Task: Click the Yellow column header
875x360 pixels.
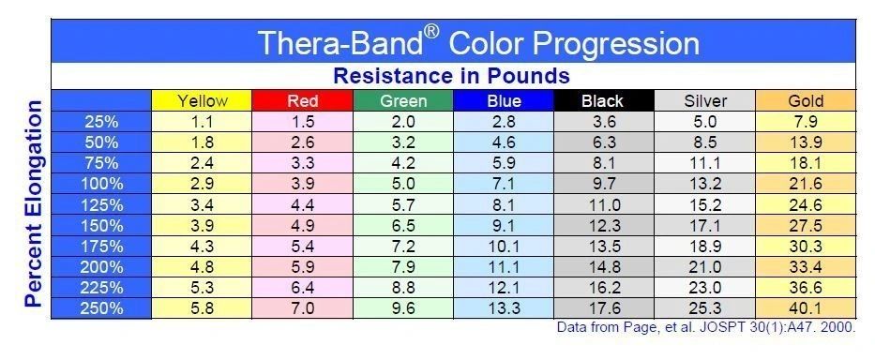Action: coord(202,101)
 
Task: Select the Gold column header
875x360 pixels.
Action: coord(806,101)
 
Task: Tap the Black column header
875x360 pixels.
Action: coord(604,101)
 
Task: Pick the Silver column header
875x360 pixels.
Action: coord(705,101)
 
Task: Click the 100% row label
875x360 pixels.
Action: coord(101,184)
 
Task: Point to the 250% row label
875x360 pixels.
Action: coord(101,308)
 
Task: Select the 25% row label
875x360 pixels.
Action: coord(101,122)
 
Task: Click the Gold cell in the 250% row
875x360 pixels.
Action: coord(806,308)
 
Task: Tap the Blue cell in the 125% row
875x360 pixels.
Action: coord(504,204)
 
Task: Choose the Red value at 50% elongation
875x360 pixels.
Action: coord(303,142)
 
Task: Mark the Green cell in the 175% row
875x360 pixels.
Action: coord(403,247)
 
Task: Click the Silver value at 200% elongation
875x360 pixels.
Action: coord(705,267)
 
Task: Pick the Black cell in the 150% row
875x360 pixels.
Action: coord(604,226)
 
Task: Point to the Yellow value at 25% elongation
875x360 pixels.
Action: coord(202,122)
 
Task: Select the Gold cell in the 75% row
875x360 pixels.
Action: coord(806,163)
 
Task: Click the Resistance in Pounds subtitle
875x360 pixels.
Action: coord(451,76)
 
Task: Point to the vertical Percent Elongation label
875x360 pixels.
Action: coord(33,203)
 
